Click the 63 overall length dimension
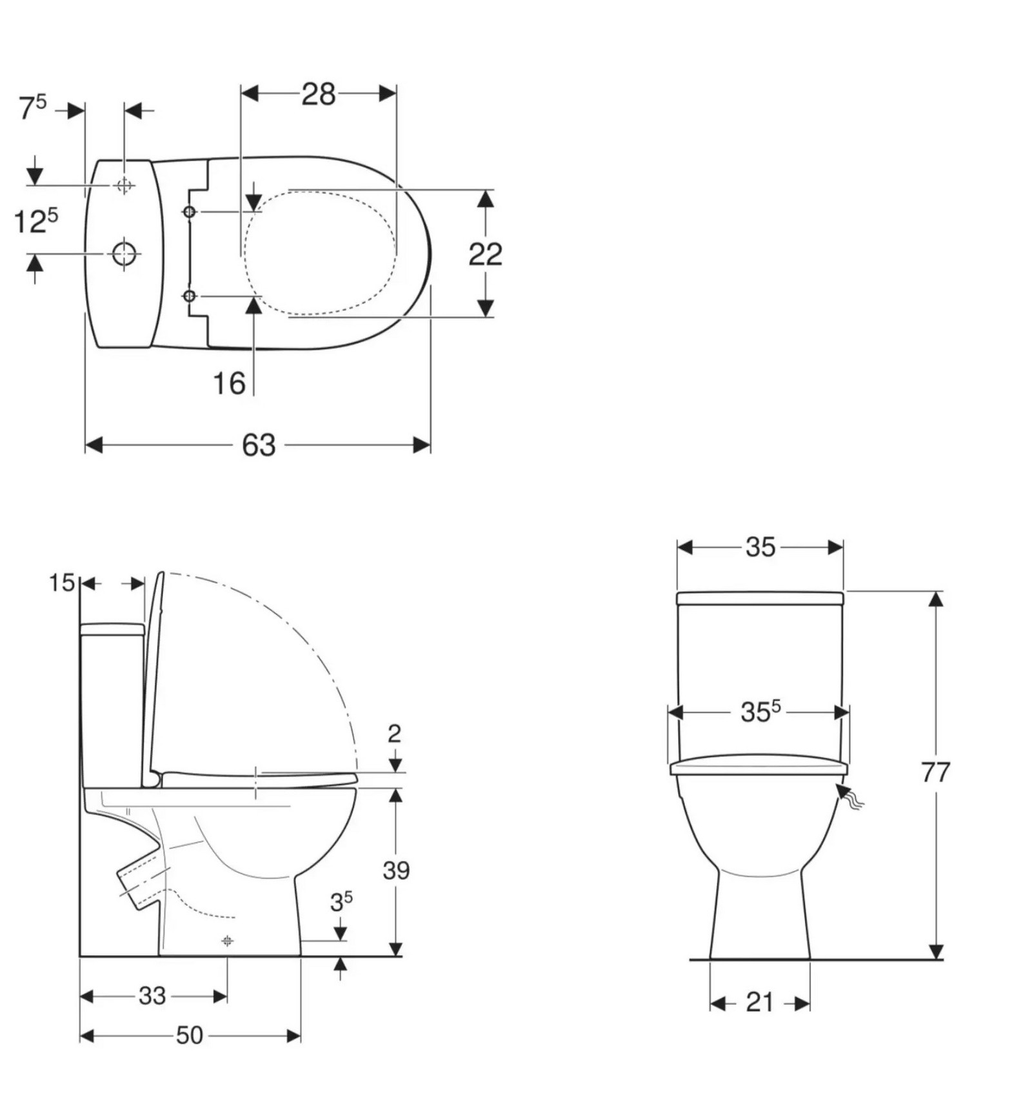259,445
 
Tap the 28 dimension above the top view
319,94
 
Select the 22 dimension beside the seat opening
485,254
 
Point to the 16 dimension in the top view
229,383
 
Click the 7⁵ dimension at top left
32,108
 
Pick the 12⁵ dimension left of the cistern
36,221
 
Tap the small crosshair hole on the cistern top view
124,186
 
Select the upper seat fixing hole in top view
190,212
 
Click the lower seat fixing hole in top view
190,296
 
